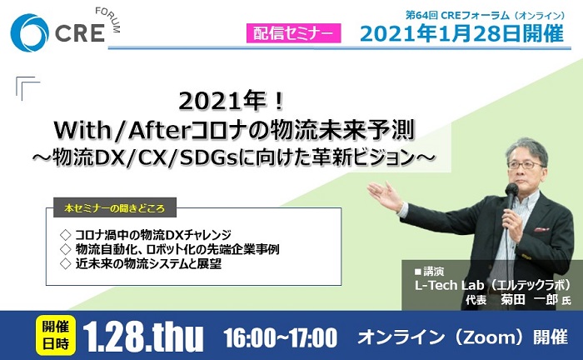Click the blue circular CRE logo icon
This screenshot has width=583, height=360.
point(29,32)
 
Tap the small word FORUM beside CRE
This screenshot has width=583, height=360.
point(108,20)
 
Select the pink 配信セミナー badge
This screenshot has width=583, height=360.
point(293,33)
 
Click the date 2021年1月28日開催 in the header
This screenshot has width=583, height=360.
point(462,33)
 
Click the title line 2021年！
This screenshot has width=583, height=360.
point(232,101)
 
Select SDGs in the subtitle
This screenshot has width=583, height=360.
point(209,158)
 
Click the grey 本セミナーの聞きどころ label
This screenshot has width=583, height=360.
point(115,207)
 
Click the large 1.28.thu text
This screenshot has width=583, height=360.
point(143,337)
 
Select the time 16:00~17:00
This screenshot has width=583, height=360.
point(281,337)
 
